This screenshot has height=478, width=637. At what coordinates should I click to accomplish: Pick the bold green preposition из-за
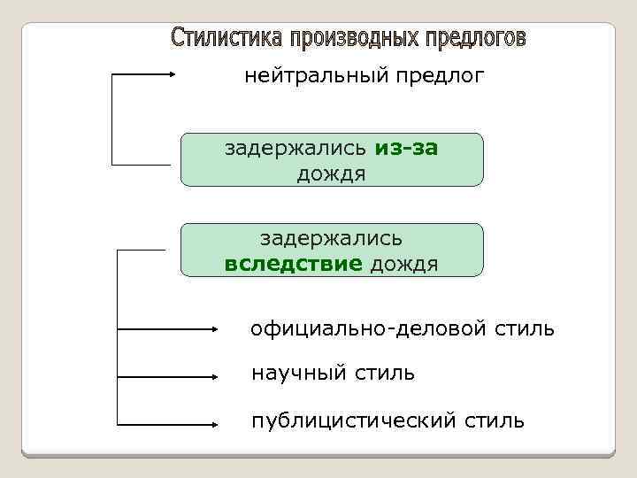click(x=406, y=148)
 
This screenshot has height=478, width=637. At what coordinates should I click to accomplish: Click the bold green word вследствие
click(x=294, y=263)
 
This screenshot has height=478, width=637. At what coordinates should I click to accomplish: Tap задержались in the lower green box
click(x=332, y=239)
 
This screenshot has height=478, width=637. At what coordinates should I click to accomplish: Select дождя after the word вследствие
click(x=403, y=263)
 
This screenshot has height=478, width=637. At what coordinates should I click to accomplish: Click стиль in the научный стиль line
click(x=383, y=373)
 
